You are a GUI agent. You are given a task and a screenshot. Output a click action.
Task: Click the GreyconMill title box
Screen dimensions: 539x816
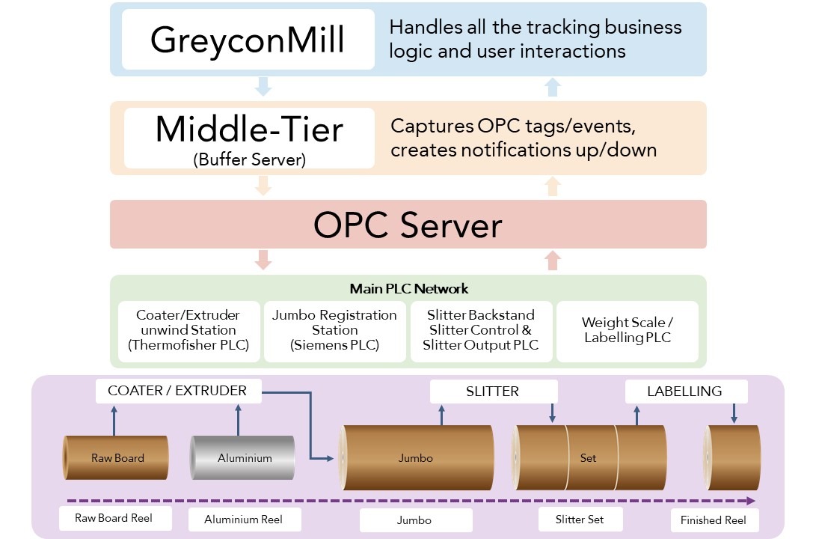248,40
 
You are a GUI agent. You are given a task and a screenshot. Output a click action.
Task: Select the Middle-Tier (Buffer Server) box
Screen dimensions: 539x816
248,138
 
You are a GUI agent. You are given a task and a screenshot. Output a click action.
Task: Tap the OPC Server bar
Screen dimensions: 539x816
408,224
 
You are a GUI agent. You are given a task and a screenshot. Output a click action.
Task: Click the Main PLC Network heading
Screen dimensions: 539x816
408,288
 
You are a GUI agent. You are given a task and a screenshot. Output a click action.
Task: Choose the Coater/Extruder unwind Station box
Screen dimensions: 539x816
189,331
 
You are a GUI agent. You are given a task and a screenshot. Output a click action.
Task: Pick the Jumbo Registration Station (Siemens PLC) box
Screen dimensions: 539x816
334,331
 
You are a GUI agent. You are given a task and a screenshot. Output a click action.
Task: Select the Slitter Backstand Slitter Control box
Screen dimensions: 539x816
481,331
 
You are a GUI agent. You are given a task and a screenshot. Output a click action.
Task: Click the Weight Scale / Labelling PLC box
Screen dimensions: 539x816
627,331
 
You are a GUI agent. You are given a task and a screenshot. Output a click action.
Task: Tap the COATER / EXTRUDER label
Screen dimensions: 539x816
177,391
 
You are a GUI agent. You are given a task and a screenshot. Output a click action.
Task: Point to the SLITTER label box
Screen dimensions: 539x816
493,392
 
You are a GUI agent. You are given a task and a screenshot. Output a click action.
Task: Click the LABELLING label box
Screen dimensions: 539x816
684,392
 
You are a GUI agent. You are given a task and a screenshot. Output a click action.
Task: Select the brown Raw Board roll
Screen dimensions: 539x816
116,457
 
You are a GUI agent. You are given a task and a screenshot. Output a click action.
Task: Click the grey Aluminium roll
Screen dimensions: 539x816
243,457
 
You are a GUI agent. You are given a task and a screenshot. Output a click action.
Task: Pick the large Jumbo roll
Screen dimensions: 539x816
416,457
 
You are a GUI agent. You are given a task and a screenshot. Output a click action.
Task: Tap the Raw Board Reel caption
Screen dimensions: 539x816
115,518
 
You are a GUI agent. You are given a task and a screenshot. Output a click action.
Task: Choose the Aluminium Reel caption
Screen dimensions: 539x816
243,520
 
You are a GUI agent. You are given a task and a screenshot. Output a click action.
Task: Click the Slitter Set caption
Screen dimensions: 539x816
580,520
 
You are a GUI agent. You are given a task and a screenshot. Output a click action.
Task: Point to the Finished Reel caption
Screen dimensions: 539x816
713,520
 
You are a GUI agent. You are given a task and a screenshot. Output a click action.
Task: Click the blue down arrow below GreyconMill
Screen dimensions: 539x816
263,87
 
